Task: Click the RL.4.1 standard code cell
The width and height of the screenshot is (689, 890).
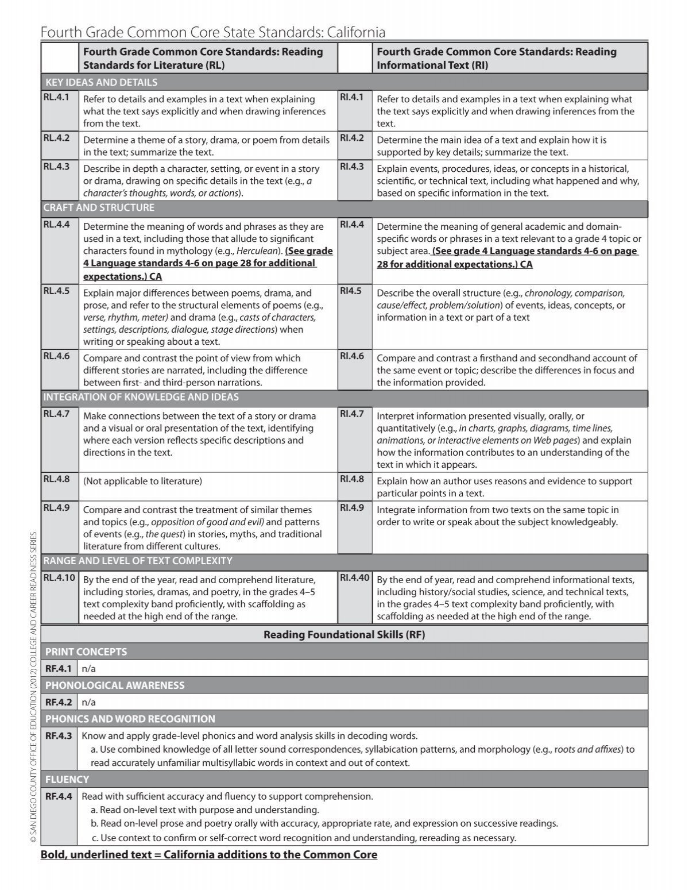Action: point(56,98)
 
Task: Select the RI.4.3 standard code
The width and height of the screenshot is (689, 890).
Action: point(352,167)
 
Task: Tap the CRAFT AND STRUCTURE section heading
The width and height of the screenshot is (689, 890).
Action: point(99,207)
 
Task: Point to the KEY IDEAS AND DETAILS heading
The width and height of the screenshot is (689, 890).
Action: point(100,82)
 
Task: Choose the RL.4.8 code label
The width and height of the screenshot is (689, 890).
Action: point(56,479)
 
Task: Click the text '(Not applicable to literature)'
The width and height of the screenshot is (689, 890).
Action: point(142,481)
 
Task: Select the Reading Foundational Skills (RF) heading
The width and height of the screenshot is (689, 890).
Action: point(344,635)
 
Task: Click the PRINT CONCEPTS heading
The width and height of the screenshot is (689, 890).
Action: point(86,652)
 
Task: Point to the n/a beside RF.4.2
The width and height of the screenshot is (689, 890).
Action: point(89,702)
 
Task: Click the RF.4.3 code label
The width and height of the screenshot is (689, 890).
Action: point(59,736)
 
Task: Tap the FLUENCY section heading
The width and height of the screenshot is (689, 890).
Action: point(67,780)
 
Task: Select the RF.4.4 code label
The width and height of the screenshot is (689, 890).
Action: point(59,797)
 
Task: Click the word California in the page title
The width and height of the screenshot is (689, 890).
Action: point(349,32)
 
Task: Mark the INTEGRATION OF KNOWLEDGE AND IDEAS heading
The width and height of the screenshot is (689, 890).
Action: point(141,397)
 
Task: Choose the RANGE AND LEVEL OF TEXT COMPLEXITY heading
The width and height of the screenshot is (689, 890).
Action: point(138,561)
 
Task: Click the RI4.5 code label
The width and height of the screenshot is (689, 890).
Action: point(351,291)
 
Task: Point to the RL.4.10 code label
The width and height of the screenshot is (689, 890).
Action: point(59,577)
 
